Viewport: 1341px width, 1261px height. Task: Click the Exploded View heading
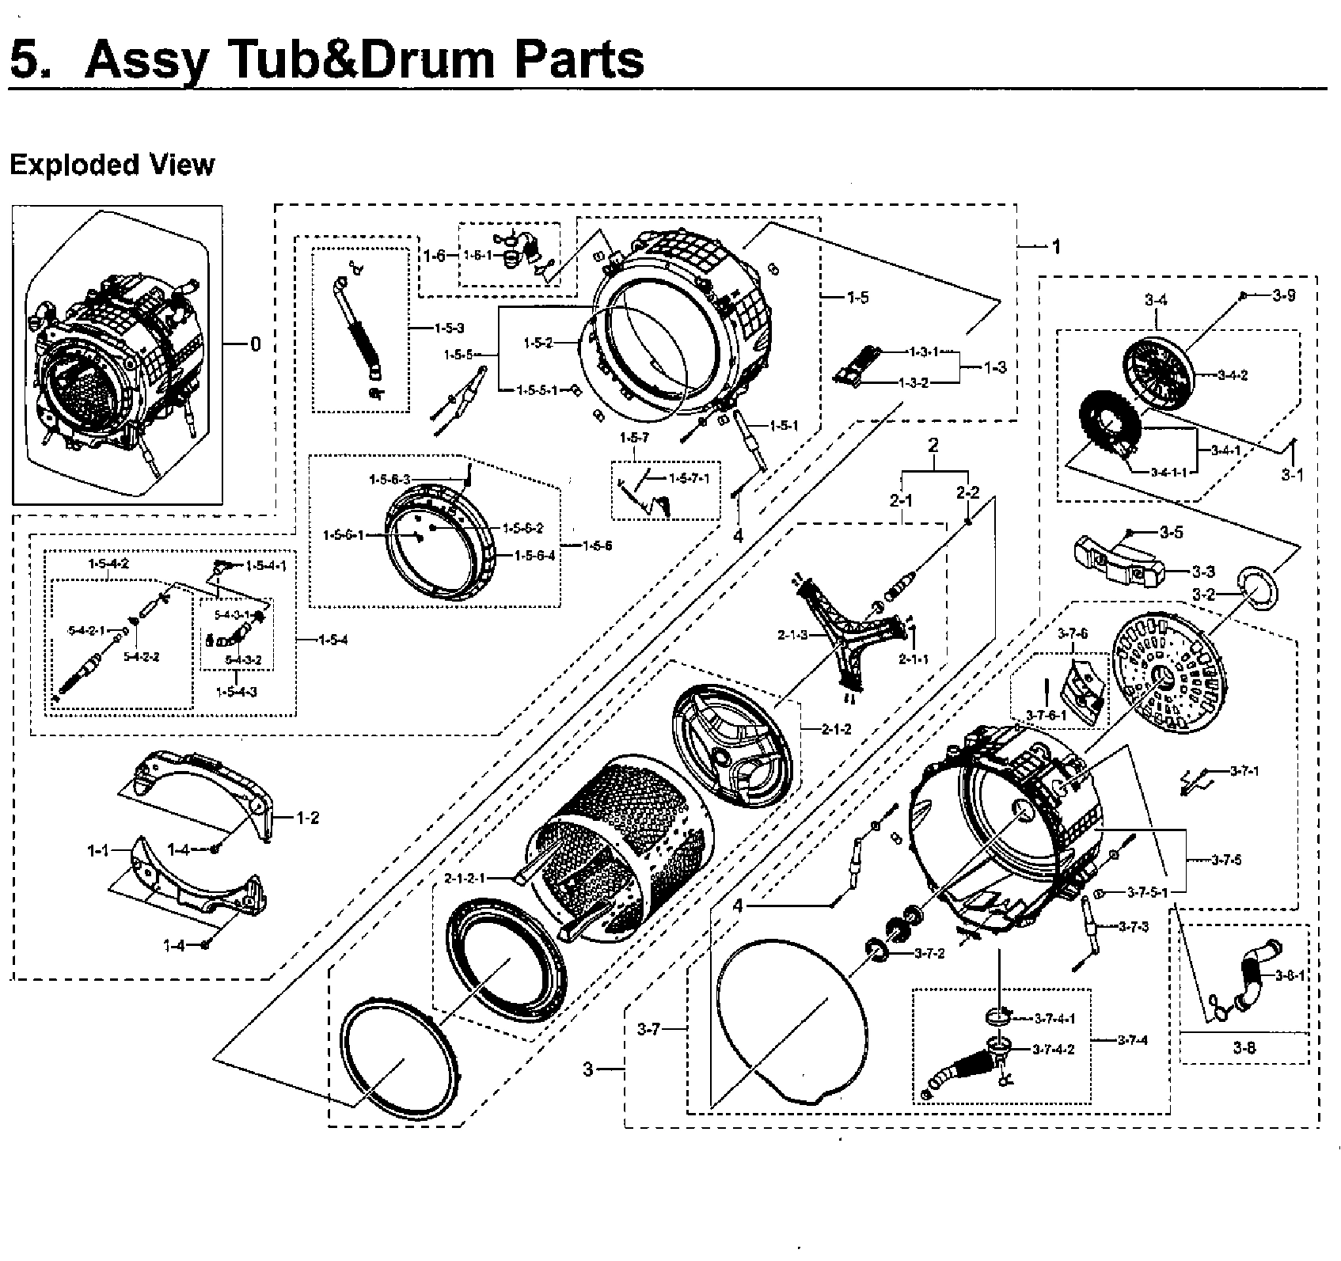click(112, 165)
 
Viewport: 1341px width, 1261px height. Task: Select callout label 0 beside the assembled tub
click(254, 344)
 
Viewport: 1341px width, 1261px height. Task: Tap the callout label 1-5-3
click(449, 328)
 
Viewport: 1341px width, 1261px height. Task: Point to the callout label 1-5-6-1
click(344, 535)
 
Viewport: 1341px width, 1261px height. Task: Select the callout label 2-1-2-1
click(465, 878)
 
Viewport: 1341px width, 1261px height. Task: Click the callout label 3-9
click(1283, 295)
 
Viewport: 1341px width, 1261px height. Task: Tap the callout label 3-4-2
click(1233, 375)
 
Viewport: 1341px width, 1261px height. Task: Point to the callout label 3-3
click(1202, 571)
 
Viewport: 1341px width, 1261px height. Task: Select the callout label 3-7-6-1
click(1046, 715)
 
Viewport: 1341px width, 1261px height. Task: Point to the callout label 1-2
click(308, 818)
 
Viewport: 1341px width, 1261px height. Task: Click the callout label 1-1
click(98, 851)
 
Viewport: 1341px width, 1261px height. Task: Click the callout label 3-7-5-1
click(1147, 893)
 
